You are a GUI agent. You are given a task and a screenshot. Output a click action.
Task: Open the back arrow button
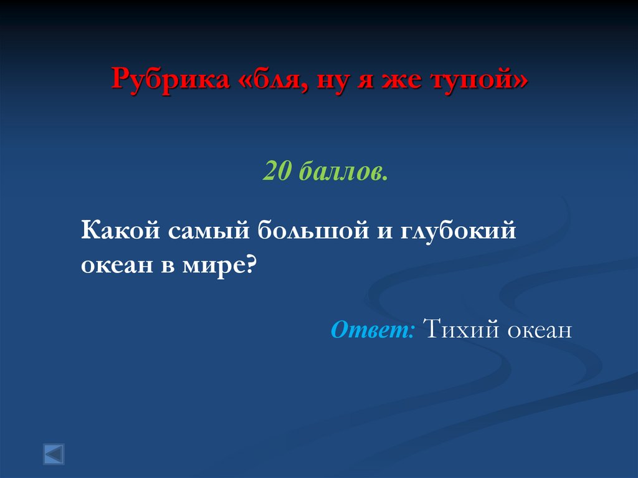54,454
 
